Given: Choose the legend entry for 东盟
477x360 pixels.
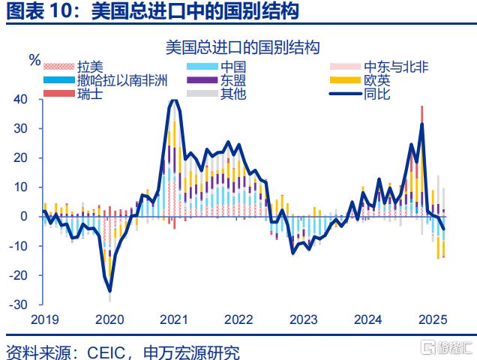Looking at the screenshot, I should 232,80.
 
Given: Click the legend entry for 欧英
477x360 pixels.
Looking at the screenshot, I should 376,80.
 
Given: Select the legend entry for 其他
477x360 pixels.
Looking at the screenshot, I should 232,94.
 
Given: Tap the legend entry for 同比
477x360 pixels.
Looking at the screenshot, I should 376,94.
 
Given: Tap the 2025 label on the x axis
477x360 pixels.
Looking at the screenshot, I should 433,319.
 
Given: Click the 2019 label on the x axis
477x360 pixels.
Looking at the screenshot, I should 43,319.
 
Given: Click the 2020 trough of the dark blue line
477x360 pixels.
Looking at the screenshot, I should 110,290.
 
